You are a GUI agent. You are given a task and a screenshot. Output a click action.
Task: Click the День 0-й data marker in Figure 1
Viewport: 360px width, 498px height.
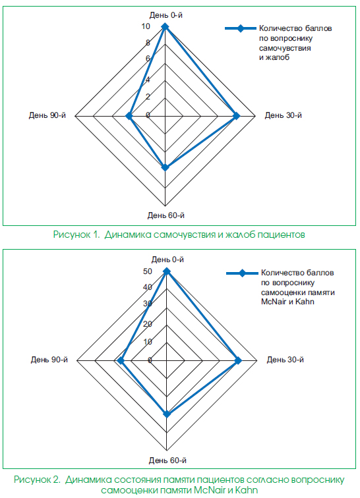165,26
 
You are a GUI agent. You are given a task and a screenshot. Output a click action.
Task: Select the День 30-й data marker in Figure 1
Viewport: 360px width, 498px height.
236,116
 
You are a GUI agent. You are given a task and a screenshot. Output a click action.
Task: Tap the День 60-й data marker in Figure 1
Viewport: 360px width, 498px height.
165,167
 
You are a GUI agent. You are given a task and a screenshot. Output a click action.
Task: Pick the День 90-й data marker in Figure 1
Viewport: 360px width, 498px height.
129,116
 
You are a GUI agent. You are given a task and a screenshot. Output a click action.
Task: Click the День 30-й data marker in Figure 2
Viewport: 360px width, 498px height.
238,360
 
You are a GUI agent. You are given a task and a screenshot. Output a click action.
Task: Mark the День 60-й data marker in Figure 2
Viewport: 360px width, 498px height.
167,414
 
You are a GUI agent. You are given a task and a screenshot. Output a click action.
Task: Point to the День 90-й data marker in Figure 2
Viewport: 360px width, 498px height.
121,360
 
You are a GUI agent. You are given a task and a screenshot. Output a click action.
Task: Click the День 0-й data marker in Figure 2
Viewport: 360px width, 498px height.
167,271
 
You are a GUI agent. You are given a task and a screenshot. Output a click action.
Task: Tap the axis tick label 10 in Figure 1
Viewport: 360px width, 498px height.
146,26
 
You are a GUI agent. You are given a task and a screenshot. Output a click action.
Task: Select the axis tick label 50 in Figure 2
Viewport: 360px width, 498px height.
148,271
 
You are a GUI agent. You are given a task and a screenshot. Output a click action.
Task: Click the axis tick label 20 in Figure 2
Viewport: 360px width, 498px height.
148,324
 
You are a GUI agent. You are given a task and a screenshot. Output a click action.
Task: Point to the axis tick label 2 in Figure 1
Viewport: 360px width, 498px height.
148,97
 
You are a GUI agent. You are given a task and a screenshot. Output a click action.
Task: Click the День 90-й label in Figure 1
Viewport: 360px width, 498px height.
47,115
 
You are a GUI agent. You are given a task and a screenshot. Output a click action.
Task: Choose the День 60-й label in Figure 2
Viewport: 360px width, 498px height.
167,460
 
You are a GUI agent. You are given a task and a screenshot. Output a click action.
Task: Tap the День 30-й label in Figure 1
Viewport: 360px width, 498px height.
284,115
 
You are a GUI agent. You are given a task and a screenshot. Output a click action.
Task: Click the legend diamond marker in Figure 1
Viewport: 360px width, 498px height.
241,28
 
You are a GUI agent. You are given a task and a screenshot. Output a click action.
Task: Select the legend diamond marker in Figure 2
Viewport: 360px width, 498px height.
243,273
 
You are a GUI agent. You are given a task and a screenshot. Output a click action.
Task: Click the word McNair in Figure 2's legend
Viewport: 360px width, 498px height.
274,302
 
